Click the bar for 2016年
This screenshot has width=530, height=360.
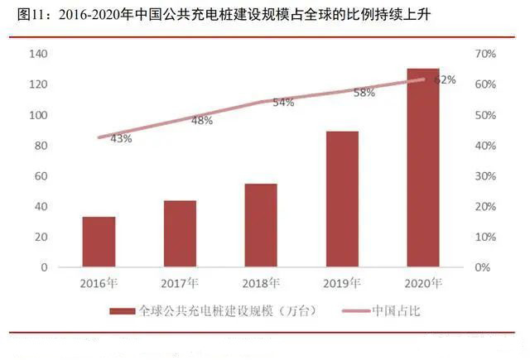(99, 242)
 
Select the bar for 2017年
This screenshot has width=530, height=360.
(180, 234)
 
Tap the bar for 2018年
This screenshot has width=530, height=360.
(261, 226)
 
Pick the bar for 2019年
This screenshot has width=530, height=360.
(342, 199)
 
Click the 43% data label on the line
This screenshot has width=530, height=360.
(121, 138)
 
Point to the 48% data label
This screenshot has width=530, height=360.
(202, 121)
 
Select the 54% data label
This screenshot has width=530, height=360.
(283, 103)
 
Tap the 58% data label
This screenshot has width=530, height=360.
(364, 93)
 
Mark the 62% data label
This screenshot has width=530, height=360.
(446, 79)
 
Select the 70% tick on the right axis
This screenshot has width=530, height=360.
(485, 54)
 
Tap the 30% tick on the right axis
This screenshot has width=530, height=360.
(485, 176)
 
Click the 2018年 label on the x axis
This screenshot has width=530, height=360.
(261, 284)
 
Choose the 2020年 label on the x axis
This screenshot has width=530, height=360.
(423, 284)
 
